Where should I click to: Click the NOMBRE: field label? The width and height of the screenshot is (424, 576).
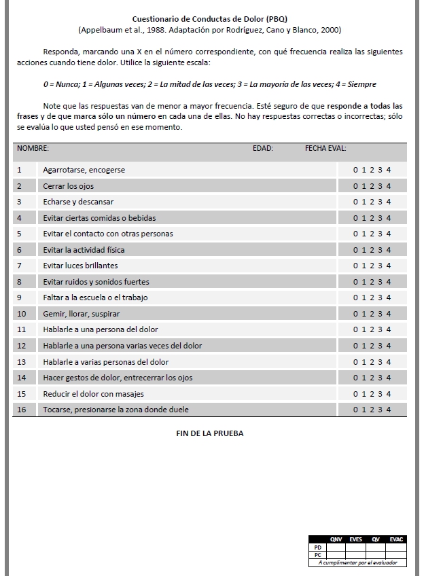[33, 148]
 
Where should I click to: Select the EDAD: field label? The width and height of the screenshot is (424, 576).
[262, 148]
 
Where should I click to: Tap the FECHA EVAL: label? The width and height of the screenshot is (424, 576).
[325, 148]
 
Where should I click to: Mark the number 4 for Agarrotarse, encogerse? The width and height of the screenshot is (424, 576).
[389, 170]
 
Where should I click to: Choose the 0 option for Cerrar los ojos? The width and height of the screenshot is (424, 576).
[355, 186]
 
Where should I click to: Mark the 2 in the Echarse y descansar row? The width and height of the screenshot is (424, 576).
[372, 202]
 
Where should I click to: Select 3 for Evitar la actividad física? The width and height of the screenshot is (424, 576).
[381, 250]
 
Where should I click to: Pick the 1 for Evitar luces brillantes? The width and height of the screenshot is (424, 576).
[364, 266]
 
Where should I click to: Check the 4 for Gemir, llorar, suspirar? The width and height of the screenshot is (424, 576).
[389, 314]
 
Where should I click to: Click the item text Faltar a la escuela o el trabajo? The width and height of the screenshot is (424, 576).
[95, 298]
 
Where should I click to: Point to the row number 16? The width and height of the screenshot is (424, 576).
[21, 410]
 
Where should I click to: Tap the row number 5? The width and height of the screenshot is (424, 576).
[19, 234]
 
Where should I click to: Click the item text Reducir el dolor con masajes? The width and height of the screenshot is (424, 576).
[93, 394]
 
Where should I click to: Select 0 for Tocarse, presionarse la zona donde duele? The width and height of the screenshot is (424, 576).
[355, 410]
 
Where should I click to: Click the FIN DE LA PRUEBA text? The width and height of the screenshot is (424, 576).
[209, 433]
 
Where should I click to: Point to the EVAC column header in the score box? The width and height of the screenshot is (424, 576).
[397, 539]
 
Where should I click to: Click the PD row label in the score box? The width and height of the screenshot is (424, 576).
[317, 547]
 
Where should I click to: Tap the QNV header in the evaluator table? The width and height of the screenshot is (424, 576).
[336, 539]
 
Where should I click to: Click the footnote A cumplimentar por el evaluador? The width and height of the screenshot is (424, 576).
[357, 562]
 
